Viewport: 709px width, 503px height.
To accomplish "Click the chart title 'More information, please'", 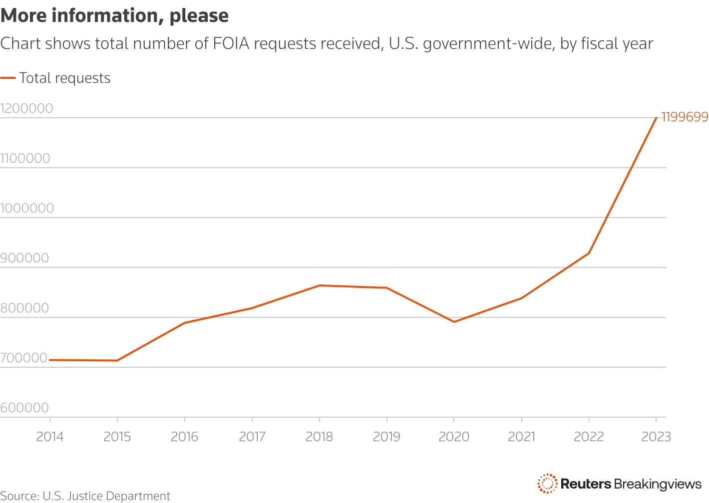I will click(x=114, y=16).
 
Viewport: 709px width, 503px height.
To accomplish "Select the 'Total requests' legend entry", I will click(x=64, y=78).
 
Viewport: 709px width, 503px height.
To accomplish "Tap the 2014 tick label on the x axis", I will click(x=50, y=437).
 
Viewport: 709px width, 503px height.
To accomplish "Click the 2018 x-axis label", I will click(x=319, y=437).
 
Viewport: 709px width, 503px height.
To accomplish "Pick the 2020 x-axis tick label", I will click(x=454, y=437).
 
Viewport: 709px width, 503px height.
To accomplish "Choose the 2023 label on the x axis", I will click(x=656, y=437).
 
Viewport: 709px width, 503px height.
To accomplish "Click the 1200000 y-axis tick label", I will click(x=26, y=108).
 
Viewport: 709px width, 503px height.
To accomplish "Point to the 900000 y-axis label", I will click(x=24, y=258).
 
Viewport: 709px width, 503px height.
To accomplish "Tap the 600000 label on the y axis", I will click(x=24, y=408).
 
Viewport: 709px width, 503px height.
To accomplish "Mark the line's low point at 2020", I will click(x=454, y=322).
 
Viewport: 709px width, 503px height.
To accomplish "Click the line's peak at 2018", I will click(x=320, y=285).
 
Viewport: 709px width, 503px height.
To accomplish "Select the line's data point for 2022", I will click(x=589, y=253).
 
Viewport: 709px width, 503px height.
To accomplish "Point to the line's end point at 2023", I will click(x=656, y=118).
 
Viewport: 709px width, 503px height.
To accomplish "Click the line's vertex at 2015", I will click(x=117, y=360).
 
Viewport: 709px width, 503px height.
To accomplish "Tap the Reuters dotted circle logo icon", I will click(x=547, y=484).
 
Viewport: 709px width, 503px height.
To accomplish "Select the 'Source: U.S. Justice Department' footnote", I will click(x=85, y=496).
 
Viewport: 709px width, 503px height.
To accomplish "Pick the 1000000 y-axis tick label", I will click(x=27, y=208).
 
